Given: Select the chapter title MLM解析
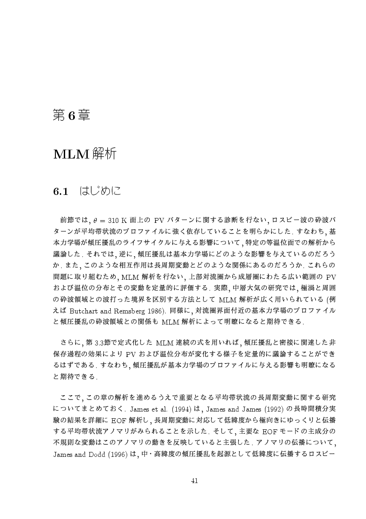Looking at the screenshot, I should tap(85, 154).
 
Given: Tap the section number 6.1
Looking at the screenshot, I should tap(60, 192).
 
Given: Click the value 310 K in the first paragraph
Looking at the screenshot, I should tap(117, 220).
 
